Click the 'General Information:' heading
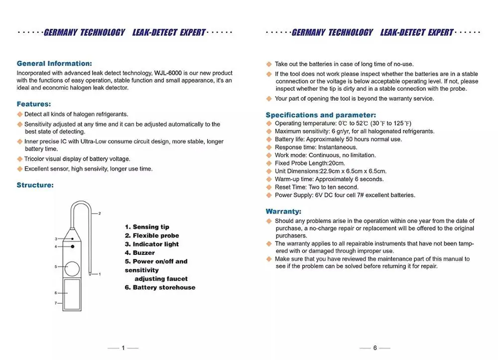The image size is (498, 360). [54, 63]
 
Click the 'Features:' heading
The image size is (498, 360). [34, 104]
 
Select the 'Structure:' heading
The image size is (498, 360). [35, 185]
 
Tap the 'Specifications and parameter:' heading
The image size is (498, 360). [321, 115]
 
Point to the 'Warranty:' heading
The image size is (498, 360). [283, 211]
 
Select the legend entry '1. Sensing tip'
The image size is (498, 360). [147, 227]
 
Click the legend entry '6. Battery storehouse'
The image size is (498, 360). [160, 287]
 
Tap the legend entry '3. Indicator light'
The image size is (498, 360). [151, 244]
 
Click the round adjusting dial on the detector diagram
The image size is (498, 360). [72, 269]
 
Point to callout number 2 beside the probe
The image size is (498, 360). [100, 214]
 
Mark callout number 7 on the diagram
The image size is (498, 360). [56, 303]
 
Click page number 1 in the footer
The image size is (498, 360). [123, 348]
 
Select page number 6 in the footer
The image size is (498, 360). [375, 348]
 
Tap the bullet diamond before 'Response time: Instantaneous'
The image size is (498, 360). [269, 147]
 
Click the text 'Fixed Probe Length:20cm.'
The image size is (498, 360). [310, 163]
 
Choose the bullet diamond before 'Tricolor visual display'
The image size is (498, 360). [20, 159]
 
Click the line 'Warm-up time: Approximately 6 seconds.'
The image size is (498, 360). [329, 179]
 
